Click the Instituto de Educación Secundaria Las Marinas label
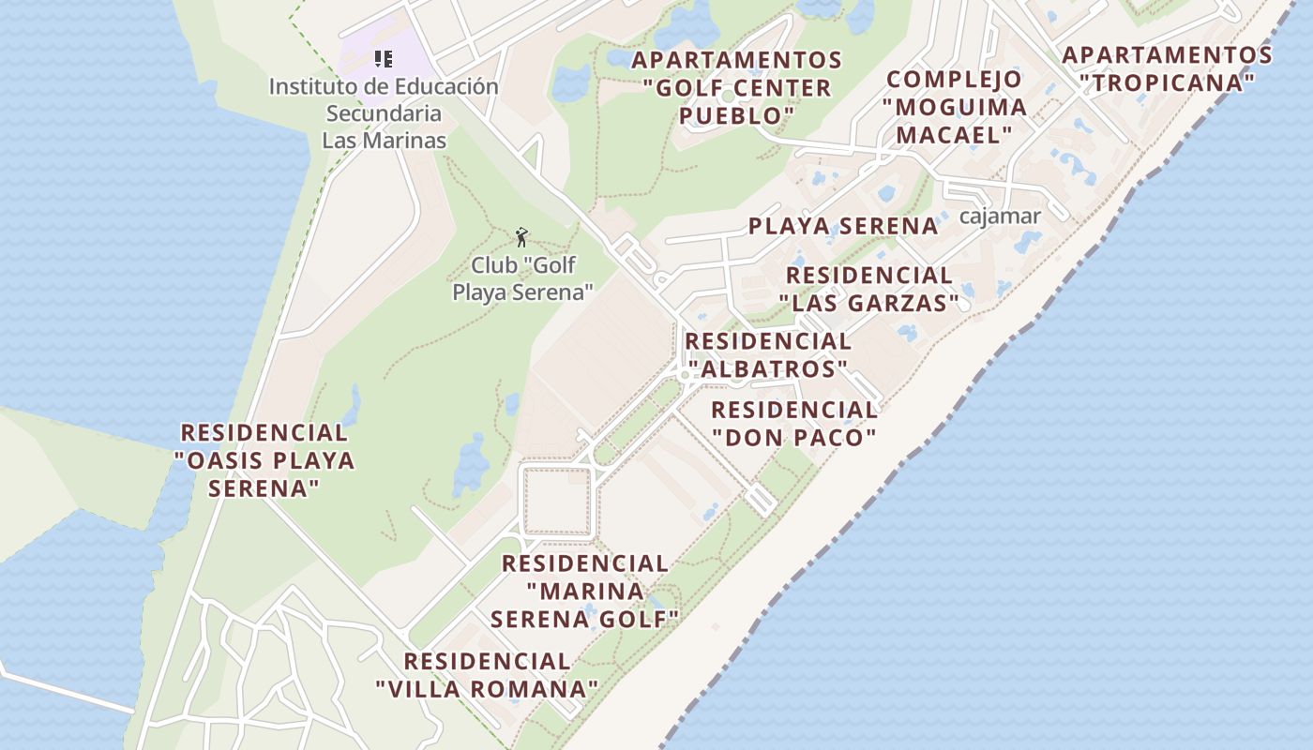(x=384, y=112)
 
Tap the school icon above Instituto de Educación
(x=383, y=59)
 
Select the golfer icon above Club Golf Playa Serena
(x=522, y=237)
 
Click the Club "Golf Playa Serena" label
(x=522, y=278)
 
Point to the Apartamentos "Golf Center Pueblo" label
(x=736, y=88)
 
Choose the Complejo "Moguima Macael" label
(x=955, y=107)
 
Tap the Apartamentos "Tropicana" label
(x=1167, y=68)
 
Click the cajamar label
(x=1001, y=217)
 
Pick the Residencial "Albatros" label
(x=768, y=355)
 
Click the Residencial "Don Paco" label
(x=794, y=424)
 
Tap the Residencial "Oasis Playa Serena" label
(x=264, y=460)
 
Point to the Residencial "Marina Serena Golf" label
(x=585, y=592)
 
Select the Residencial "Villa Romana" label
(x=487, y=675)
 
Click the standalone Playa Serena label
(x=843, y=226)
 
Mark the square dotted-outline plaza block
(x=557, y=502)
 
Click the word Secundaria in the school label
(x=384, y=113)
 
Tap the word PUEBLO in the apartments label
(x=736, y=116)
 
